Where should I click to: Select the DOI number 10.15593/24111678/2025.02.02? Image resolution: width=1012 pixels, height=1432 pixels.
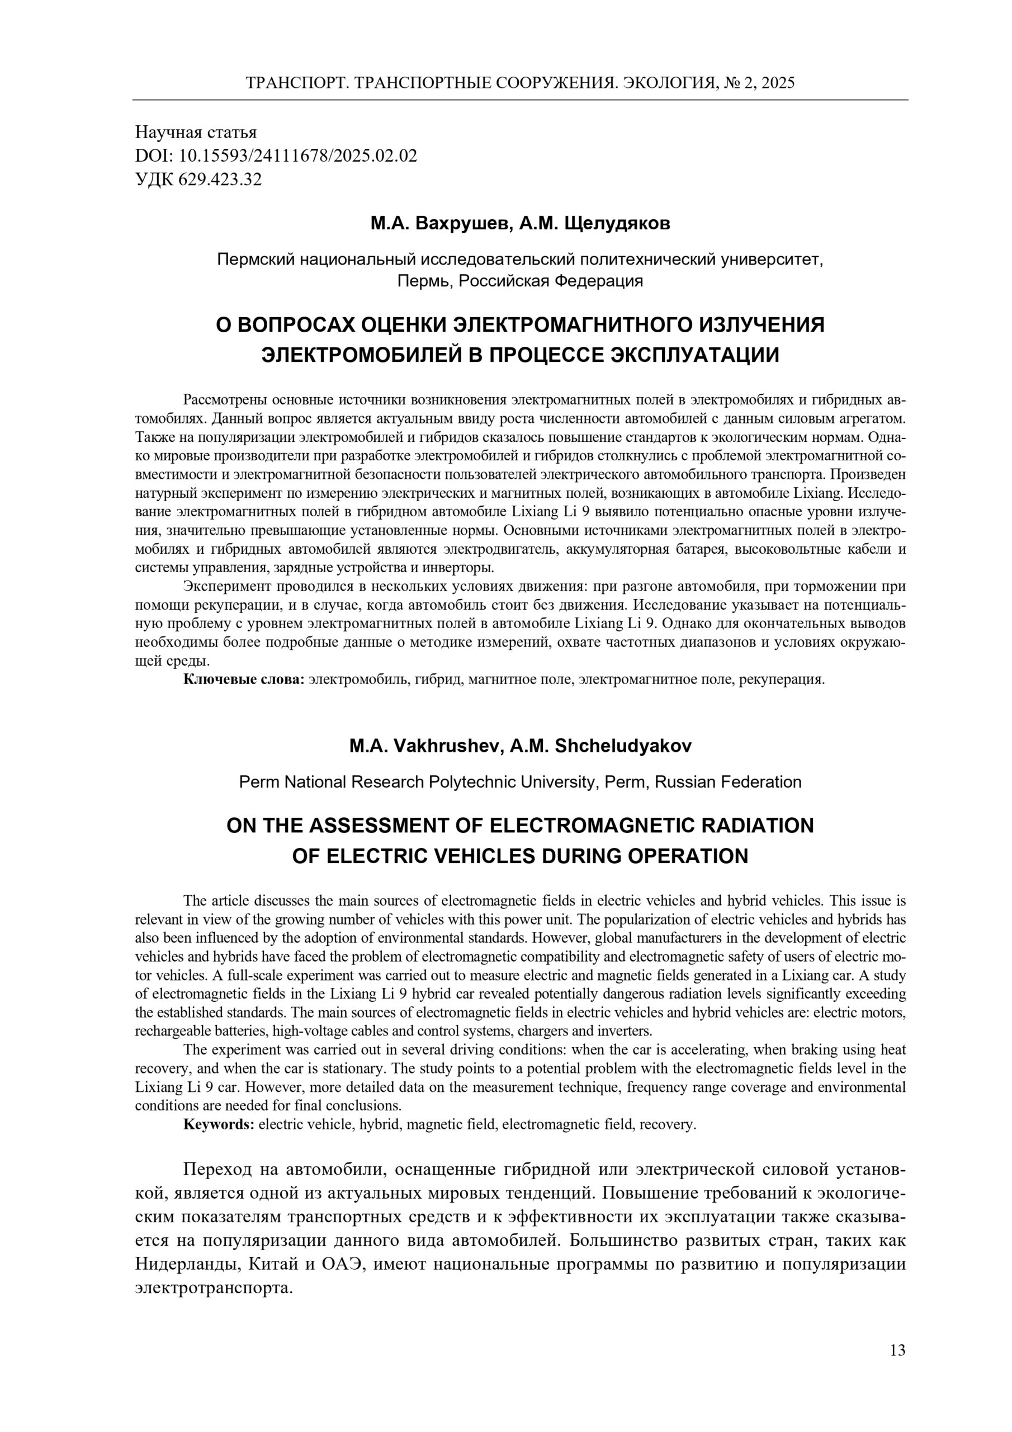coord(298,156)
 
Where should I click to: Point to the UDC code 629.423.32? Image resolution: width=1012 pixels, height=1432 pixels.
coord(220,180)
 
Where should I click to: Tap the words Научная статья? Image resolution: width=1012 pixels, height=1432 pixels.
coord(196,132)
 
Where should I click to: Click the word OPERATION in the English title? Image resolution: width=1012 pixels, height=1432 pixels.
coord(688,856)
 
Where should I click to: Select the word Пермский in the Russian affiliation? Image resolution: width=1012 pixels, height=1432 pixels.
coord(254,260)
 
